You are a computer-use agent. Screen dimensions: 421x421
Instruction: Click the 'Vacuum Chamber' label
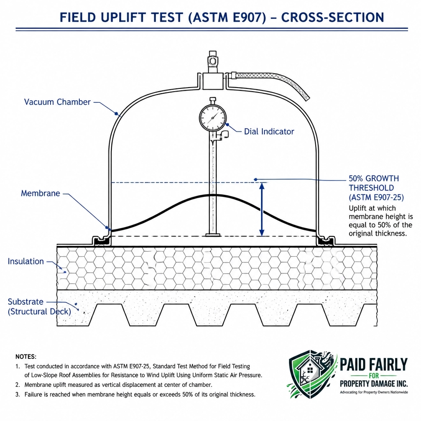click(57, 102)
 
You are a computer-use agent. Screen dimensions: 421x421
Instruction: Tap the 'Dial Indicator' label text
click(269, 132)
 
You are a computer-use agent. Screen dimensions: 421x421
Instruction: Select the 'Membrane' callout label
click(41, 193)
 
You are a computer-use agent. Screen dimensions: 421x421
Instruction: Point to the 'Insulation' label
click(26, 261)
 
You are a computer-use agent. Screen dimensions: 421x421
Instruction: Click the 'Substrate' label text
click(25, 302)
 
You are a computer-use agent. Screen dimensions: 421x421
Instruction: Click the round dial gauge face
click(213, 118)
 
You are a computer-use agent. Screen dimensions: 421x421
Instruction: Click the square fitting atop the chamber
click(213, 81)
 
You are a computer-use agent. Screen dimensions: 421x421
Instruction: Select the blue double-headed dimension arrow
click(262, 209)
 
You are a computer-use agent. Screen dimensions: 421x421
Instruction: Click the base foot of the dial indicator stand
click(213, 235)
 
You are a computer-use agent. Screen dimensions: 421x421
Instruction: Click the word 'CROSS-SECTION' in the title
click(332, 18)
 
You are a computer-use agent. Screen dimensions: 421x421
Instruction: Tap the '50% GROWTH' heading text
click(373, 178)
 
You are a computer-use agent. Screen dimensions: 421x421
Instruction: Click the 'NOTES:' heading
click(26, 356)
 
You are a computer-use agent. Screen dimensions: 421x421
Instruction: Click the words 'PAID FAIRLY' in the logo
click(373, 364)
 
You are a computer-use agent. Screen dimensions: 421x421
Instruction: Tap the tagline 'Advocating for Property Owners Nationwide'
click(374, 392)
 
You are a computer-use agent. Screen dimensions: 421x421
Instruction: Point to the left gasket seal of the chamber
click(102, 241)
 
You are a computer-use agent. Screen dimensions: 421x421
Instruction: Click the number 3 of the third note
click(17, 395)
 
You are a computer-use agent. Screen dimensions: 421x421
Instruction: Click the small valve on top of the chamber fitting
click(213, 62)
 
